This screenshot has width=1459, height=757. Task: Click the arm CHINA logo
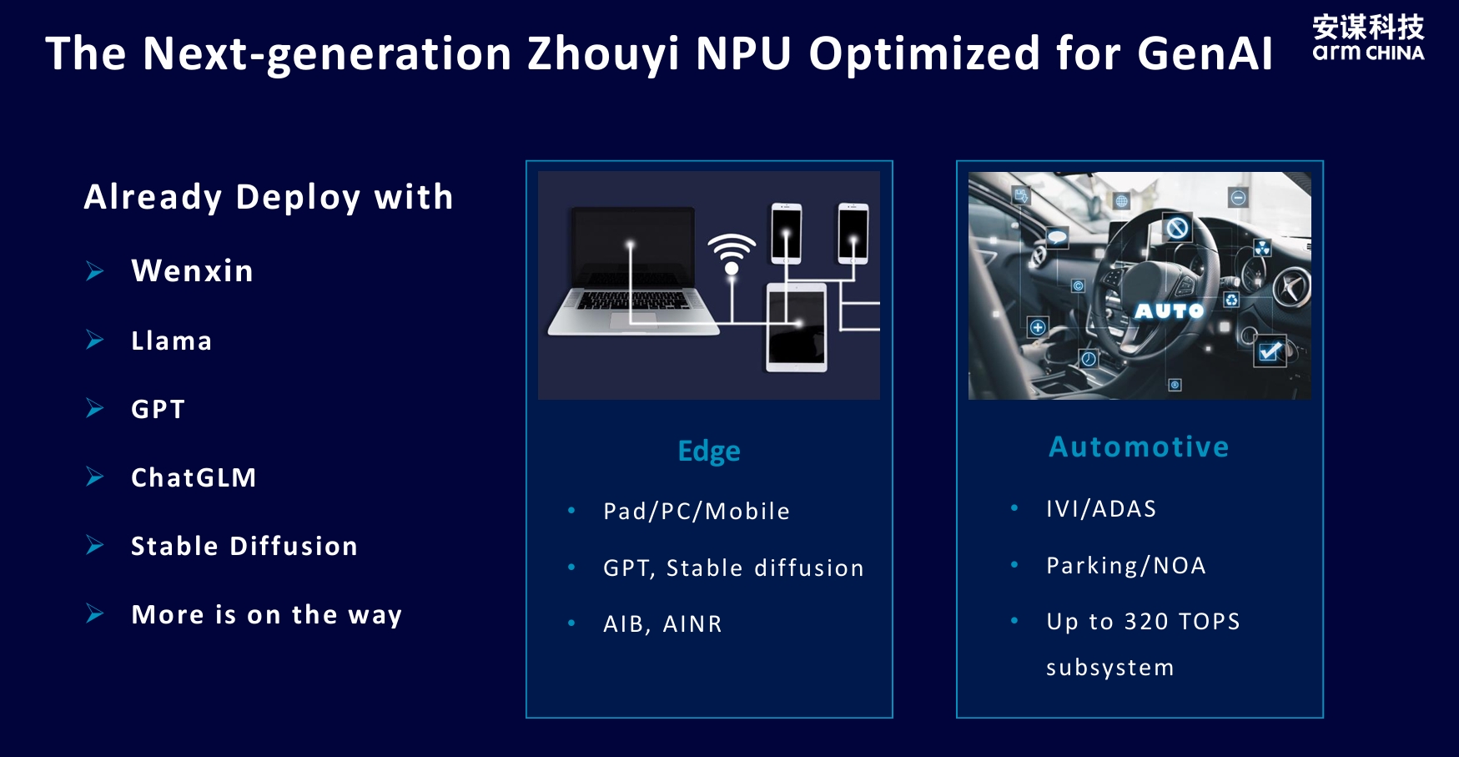click(1368, 38)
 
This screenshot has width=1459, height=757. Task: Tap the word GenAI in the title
click(1205, 53)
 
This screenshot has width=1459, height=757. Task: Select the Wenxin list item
click(192, 271)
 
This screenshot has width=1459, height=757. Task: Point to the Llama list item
click(172, 341)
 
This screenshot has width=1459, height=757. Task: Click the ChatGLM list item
click(194, 477)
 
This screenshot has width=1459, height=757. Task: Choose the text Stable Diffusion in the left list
click(244, 546)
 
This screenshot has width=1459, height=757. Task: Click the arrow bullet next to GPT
click(95, 408)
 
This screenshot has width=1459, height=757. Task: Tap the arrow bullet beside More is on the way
click(95, 614)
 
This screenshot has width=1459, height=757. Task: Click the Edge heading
click(709, 452)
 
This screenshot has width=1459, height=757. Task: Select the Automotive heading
click(1139, 447)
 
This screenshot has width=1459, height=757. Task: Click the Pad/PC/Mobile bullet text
click(697, 511)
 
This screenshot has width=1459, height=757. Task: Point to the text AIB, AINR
click(662, 624)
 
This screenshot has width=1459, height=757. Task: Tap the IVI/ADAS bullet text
click(1101, 509)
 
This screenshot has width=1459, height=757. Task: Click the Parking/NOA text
click(1126, 566)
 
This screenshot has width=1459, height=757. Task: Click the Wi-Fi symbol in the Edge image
click(732, 254)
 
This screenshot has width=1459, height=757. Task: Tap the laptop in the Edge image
click(632, 271)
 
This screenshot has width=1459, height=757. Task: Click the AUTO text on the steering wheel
click(1169, 311)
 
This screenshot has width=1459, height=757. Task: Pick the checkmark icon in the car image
click(1270, 351)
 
